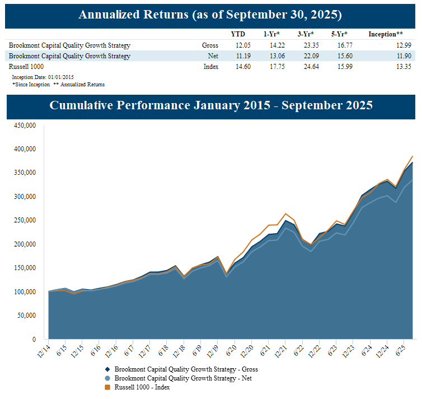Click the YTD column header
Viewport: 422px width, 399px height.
pyautogui.click(x=238, y=34)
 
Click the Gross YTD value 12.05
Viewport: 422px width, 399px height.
pyautogui.click(x=238, y=45)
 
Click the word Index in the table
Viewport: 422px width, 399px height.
pyautogui.click(x=211, y=67)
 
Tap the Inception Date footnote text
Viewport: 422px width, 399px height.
pyautogui.click(x=43, y=77)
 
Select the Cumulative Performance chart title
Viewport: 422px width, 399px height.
pyautogui.click(x=211, y=105)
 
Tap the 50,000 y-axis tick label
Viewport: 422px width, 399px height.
pyautogui.click(x=26, y=316)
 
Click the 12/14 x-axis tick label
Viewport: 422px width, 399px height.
pyautogui.click(x=44, y=351)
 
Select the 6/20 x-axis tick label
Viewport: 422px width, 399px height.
pyautogui.click(x=230, y=351)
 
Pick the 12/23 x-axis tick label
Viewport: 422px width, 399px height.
pyautogui.click(x=349, y=351)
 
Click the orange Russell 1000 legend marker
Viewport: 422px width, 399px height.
pyautogui.click(x=107, y=387)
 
